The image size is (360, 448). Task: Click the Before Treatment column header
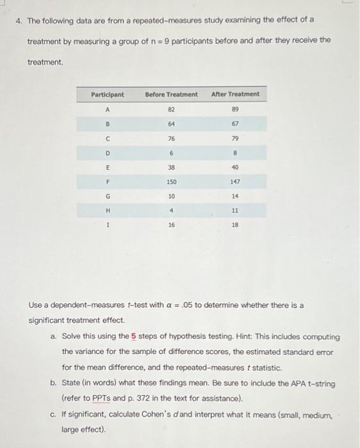[171, 95]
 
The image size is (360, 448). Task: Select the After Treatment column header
[235, 94]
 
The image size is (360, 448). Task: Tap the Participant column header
[108, 95]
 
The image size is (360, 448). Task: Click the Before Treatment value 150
[172, 182]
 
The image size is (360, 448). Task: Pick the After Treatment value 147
[236, 182]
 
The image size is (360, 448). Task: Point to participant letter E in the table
[108, 167]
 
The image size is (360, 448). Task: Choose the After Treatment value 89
[236, 109]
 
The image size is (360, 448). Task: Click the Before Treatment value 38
[172, 167]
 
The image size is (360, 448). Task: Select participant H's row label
[108, 211]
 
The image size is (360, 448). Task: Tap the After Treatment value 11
[236, 211]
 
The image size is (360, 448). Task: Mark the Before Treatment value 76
[172, 138]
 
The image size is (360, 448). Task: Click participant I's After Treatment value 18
[236, 226]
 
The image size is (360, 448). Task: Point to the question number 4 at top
[19, 20]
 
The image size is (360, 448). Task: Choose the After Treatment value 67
[236, 124]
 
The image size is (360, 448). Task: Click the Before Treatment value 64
[172, 124]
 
